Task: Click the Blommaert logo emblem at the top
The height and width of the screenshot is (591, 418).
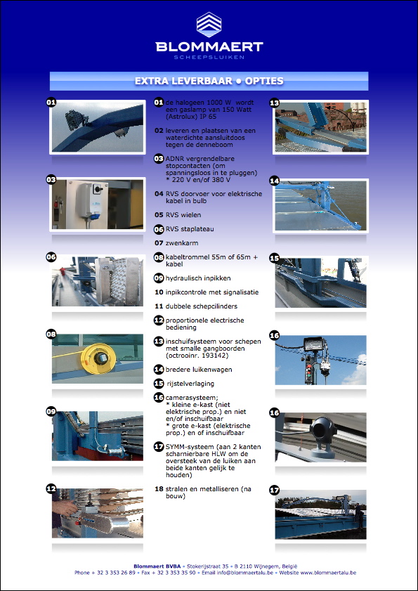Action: click(x=209, y=25)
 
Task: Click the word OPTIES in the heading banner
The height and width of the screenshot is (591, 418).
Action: click(x=264, y=81)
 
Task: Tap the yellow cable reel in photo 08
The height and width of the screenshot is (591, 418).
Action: click(x=97, y=359)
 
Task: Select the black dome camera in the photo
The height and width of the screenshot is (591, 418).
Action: click(x=323, y=436)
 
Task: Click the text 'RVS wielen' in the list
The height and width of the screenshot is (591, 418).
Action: click(x=183, y=215)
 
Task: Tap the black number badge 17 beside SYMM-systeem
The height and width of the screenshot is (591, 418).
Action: click(x=159, y=447)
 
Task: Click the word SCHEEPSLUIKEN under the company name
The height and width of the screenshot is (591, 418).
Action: click(x=209, y=58)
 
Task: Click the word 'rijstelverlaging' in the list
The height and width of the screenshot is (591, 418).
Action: click(x=190, y=384)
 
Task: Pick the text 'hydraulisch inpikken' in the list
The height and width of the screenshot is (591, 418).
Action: click(x=198, y=278)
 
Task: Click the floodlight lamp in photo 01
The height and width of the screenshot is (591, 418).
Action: click(x=75, y=120)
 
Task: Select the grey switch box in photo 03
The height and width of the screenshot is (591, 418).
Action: click(x=91, y=200)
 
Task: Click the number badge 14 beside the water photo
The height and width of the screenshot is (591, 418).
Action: click(x=275, y=181)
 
